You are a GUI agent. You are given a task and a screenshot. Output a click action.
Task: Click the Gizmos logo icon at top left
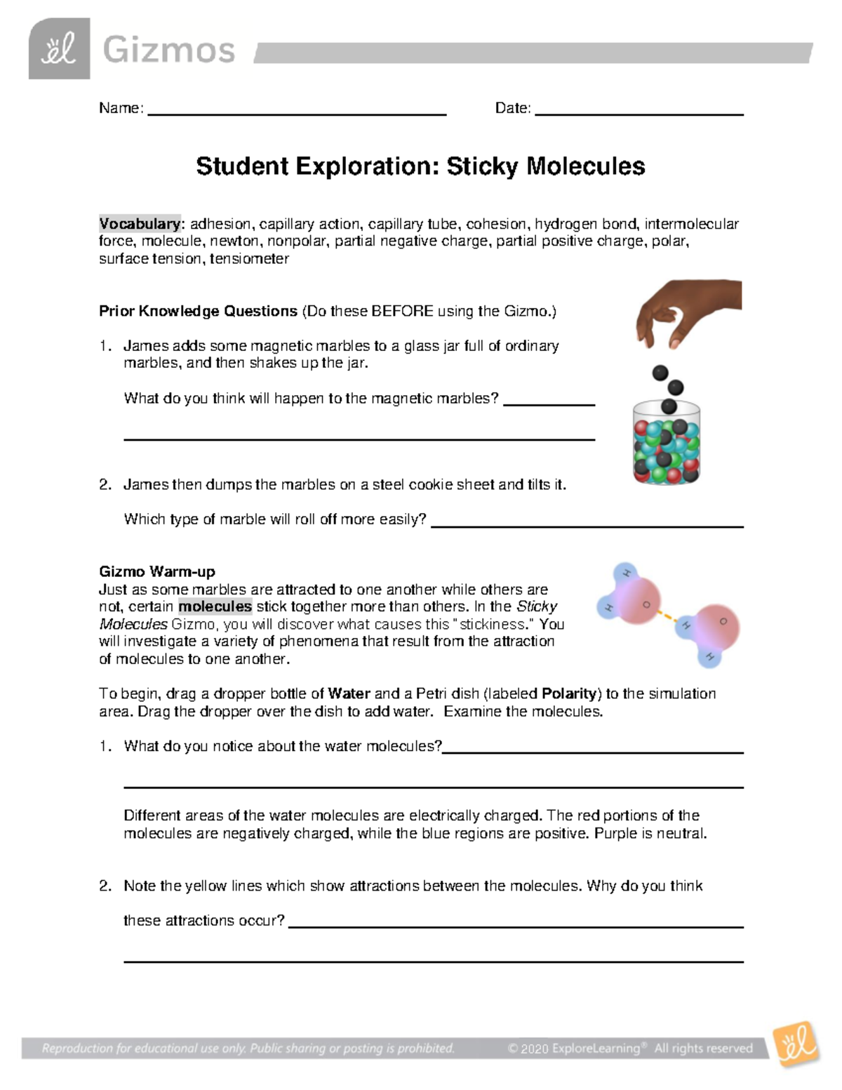click(59, 48)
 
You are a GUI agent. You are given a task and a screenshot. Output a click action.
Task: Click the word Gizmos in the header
click(168, 51)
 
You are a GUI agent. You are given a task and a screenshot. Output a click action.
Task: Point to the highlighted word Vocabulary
click(140, 224)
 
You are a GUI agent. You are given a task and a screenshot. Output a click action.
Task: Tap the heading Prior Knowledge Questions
click(198, 311)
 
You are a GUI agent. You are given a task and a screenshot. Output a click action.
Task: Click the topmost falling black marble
click(660, 373)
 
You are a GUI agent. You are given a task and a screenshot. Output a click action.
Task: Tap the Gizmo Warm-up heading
click(156, 571)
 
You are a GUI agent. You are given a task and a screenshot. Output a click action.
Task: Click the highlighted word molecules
click(215, 606)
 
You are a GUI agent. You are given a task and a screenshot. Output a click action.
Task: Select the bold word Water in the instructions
click(349, 693)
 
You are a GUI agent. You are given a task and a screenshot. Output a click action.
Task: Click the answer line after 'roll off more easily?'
click(587, 525)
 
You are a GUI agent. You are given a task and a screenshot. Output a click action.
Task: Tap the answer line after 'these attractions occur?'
click(516, 926)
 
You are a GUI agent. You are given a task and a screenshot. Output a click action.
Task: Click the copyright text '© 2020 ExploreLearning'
click(573, 1049)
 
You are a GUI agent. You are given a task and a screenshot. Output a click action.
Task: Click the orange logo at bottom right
click(796, 1045)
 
